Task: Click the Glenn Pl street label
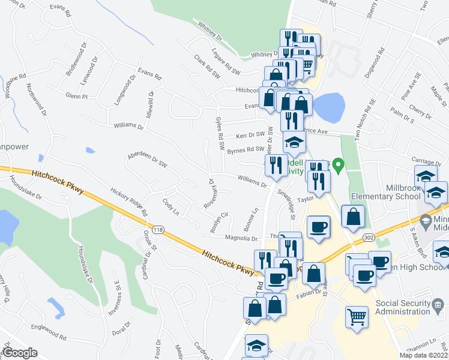(77, 96)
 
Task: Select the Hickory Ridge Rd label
(128, 200)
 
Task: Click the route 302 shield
(368, 238)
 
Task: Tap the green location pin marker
(338, 163)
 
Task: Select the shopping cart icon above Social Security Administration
(357, 316)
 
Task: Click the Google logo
(20, 353)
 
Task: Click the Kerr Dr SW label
(250, 135)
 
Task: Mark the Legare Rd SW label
(226, 67)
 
